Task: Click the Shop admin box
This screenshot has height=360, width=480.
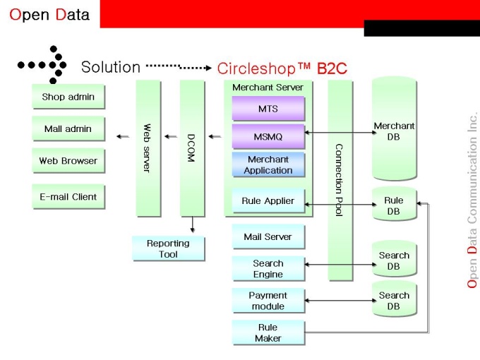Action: [68, 97]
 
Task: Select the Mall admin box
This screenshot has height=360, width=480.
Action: [68, 129]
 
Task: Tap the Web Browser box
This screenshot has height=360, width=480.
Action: [68, 161]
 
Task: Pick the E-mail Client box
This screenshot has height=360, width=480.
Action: [68, 197]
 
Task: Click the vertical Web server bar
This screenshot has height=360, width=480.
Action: [148, 148]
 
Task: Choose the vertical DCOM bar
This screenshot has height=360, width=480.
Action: [191, 148]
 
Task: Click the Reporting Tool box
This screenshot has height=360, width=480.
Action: [168, 248]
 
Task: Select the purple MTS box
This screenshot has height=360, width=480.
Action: [268, 109]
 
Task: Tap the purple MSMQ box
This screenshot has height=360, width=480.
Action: [268, 136]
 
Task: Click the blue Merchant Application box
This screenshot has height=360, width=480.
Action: [268, 164]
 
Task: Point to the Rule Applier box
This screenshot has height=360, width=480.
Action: [268, 201]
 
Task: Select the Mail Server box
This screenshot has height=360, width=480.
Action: [268, 236]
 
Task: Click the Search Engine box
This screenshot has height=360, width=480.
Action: [268, 268]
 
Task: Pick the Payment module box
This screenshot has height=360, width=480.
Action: [268, 301]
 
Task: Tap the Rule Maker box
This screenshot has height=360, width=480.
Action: [268, 332]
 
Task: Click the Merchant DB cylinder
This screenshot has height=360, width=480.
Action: [394, 131]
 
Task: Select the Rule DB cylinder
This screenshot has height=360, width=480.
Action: [394, 205]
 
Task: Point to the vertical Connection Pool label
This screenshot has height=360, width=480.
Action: [339, 180]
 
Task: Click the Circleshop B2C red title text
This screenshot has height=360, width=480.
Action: [282, 68]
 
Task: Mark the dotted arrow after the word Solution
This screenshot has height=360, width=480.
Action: [179, 67]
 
